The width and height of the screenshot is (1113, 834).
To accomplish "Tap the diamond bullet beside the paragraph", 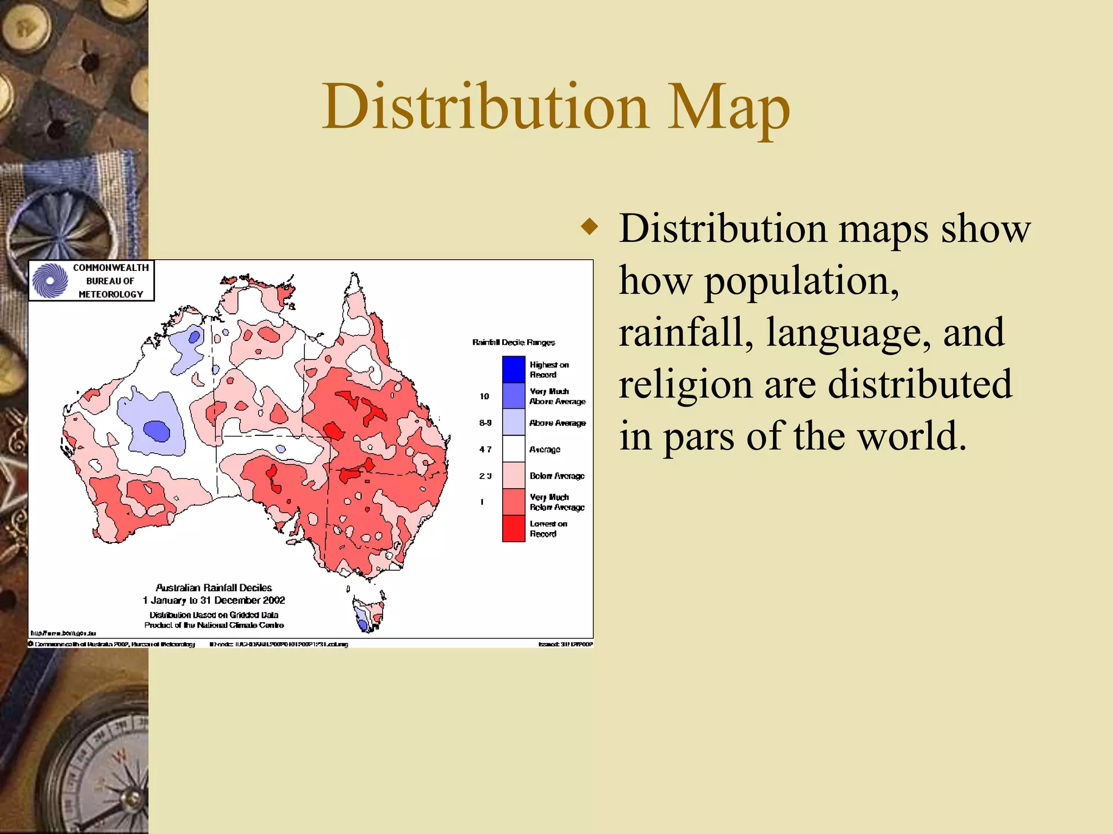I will [589, 226].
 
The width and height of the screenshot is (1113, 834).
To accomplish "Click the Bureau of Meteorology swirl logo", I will [50, 281].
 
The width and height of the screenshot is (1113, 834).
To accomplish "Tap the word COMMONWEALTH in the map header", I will [111, 268].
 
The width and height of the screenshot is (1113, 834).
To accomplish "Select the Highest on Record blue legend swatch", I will [514, 369].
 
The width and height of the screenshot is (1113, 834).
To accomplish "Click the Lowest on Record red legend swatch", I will [514, 528].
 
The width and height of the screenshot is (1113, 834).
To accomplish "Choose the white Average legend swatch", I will [514, 449].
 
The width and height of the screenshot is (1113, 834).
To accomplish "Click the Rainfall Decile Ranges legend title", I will [514, 342].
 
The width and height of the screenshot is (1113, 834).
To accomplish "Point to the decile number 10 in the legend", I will [484, 396].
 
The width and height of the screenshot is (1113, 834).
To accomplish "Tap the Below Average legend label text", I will [557, 476].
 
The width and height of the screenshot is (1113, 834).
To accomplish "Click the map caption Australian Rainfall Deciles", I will [214, 587].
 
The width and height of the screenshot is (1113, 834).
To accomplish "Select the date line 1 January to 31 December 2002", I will [214, 601].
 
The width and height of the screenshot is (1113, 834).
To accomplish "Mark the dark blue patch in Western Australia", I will [157, 431].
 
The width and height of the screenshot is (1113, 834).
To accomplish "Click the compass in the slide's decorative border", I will [98, 776].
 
